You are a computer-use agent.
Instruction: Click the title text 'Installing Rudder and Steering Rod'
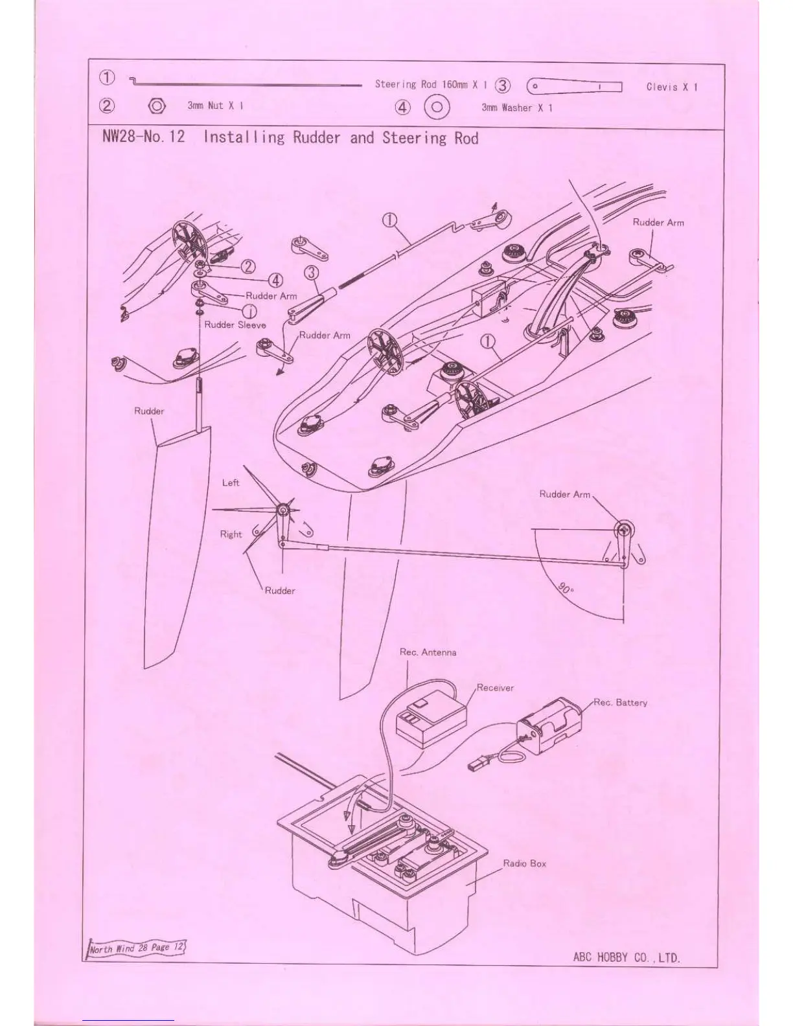(x=341, y=137)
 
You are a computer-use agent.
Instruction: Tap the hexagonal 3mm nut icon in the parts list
(x=157, y=106)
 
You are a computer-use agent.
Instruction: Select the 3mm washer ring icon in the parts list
(x=437, y=107)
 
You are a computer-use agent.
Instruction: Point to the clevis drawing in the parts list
(x=574, y=86)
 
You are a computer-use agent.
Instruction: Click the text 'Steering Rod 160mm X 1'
(x=430, y=84)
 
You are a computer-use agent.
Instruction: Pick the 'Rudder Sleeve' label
(x=235, y=325)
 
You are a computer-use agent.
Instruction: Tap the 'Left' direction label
(x=231, y=483)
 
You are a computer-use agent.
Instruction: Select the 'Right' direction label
(x=231, y=534)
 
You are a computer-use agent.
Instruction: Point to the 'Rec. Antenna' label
(x=428, y=652)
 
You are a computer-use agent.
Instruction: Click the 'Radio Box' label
(x=524, y=863)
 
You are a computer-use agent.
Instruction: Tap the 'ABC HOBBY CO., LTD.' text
(x=626, y=957)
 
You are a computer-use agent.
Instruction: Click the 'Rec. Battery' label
(x=621, y=702)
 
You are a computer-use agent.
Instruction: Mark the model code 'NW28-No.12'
(x=143, y=137)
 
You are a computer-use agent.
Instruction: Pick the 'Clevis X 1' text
(x=672, y=87)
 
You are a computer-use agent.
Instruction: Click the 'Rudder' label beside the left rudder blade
(x=149, y=411)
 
